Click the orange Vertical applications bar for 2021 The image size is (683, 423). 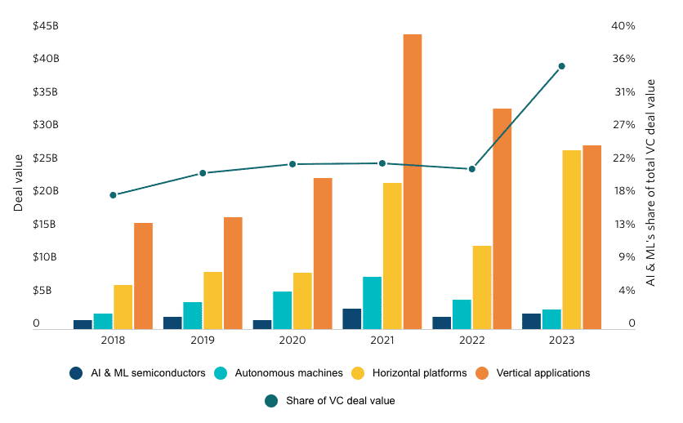(x=412, y=181)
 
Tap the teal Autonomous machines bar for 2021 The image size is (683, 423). (x=372, y=302)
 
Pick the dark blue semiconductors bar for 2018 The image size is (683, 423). (x=83, y=324)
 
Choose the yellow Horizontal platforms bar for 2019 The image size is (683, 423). (x=212, y=300)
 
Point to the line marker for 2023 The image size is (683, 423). (x=561, y=66)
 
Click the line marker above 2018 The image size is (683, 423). (x=113, y=195)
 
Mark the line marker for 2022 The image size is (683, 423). (x=471, y=169)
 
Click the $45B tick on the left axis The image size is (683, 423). (x=45, y=26)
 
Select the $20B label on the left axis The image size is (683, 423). (x=45, y=191)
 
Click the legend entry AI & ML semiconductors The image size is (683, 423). (x=139, y=373)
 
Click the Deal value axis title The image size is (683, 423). (x=18, y=176)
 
